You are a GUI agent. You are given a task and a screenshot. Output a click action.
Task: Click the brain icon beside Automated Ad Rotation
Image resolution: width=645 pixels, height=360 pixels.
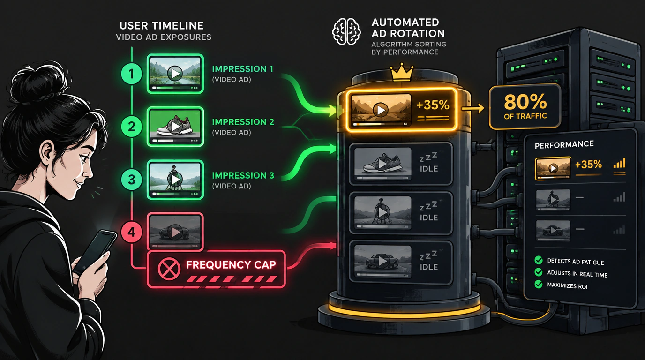point(346,32)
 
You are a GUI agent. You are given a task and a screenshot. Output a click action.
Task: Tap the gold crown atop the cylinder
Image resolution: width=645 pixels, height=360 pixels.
point(402,73)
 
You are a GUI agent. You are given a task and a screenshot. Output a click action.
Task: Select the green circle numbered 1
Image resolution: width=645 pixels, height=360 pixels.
point(132,74)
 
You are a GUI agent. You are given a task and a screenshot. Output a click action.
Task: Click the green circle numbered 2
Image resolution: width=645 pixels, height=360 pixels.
point(132,127)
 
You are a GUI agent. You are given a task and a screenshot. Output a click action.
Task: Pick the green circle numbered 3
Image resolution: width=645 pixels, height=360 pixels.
point(132,180)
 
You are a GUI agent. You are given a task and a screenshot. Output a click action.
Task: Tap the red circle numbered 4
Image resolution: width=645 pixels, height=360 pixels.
point(132,232)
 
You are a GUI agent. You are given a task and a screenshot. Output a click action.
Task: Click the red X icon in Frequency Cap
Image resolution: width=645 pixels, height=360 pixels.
point(169,269)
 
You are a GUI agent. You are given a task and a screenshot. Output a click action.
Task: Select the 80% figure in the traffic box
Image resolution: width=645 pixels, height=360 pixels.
point(525,102)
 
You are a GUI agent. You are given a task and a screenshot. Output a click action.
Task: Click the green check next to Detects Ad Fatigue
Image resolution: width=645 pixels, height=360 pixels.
point(538,260)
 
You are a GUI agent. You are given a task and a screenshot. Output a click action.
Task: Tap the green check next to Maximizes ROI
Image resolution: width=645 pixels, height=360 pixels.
point(538,285)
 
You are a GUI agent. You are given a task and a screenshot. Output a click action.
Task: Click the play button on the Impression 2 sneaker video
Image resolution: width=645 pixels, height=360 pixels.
point(175,126)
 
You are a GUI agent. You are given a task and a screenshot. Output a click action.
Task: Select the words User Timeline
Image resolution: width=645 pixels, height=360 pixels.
point(161,26)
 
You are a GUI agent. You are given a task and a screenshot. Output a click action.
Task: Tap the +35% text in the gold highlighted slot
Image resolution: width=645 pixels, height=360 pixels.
point(433,105)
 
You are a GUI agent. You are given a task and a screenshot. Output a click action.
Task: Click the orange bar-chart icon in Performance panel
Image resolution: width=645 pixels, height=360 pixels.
point(619,163)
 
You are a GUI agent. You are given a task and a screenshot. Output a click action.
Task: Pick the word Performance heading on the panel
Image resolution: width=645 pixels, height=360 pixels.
point(564,144)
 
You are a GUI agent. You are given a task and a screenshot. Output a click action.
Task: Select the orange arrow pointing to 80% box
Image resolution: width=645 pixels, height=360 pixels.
point(473,109)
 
